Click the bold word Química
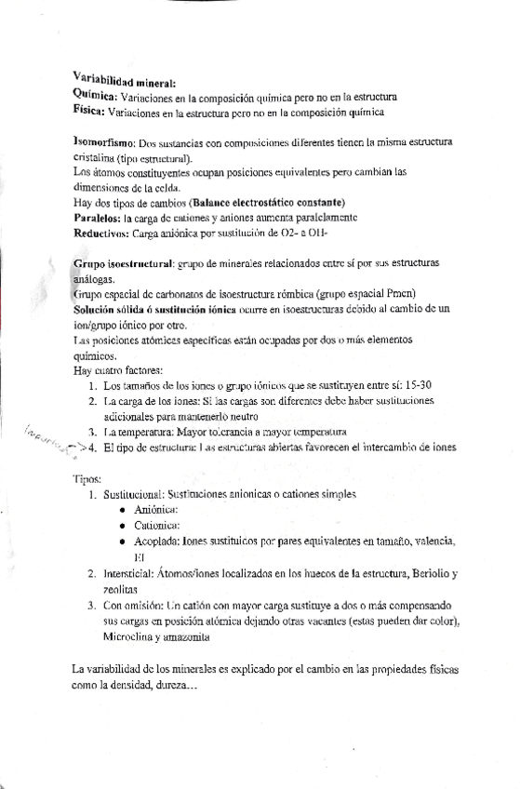[93, 96]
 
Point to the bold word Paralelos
[98, 217]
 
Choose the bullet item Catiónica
[158, 527]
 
